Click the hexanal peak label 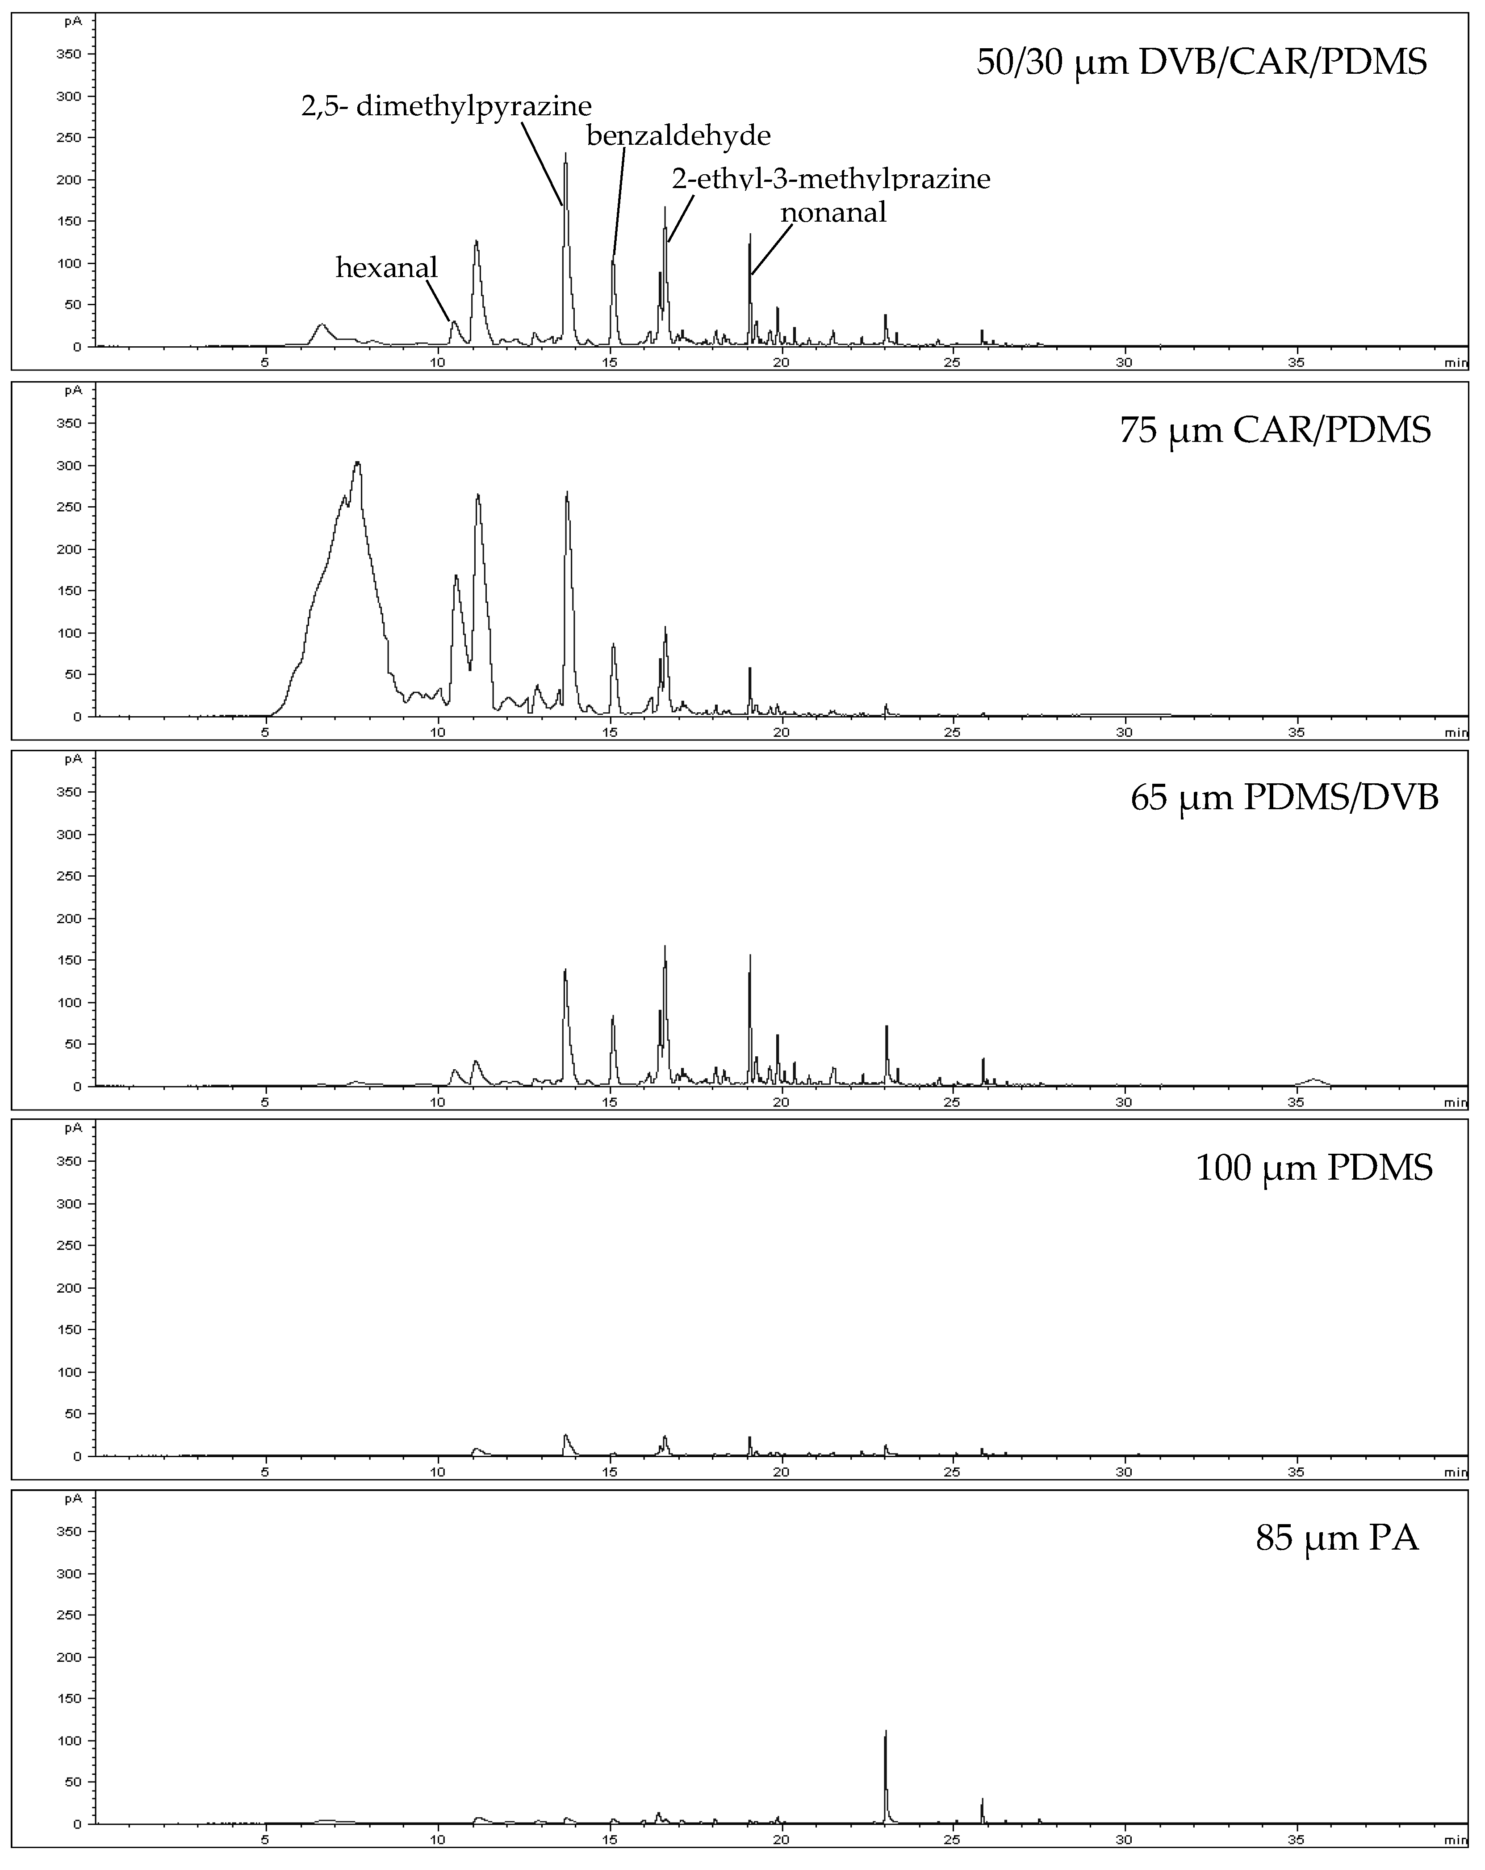387,268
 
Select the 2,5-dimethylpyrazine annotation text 447,107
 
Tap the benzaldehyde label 678,136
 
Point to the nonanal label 833,213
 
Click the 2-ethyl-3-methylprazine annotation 831,179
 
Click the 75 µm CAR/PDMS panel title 1275,431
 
